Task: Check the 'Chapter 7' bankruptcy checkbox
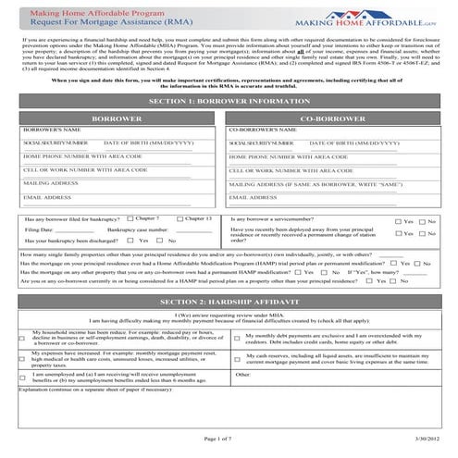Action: [129, 218]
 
